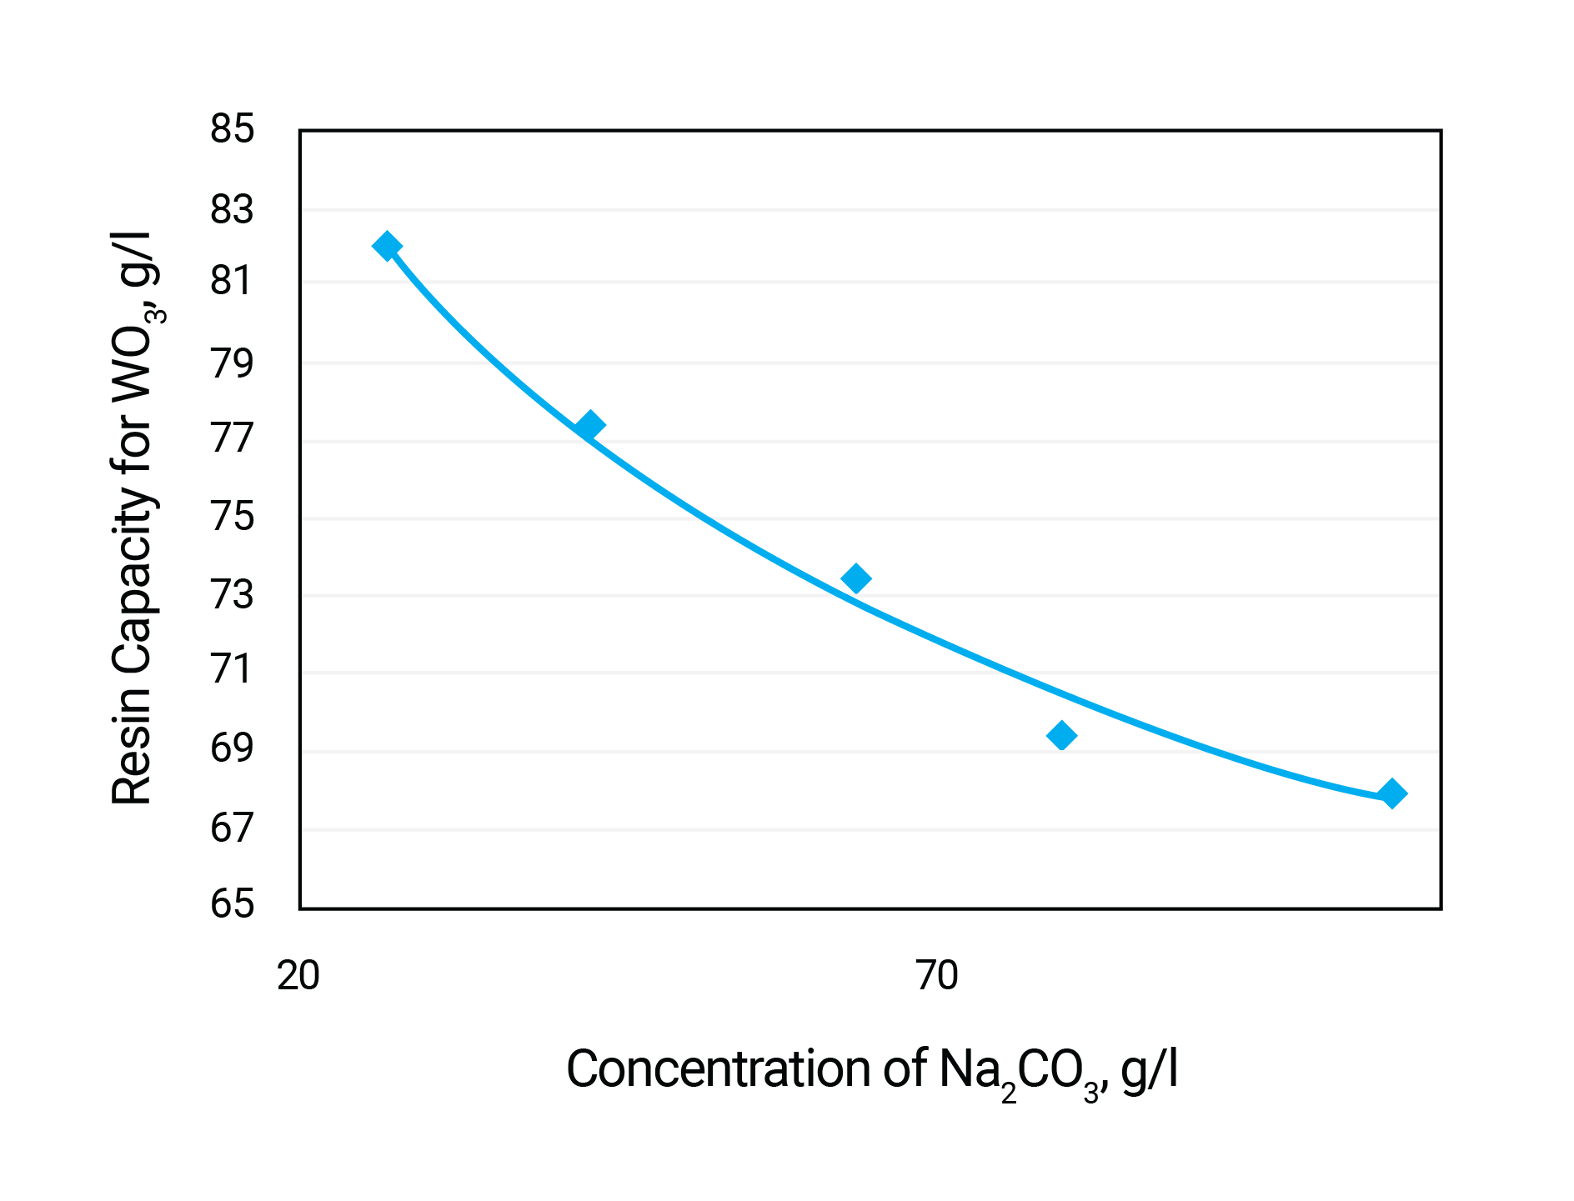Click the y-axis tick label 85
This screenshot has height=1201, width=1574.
(232, 130)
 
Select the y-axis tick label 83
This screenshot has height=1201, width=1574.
(232, 210)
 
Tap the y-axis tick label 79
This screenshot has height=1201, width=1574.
(232, 363)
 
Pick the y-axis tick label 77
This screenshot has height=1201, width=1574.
(232, 439)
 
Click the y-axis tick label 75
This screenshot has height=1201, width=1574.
(232, 517)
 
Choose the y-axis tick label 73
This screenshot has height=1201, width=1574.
(232, 595)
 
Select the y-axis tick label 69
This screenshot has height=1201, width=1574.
(232, 748)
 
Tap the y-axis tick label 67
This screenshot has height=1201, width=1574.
(232, 828)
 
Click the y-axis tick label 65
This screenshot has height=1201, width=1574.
(232, 904)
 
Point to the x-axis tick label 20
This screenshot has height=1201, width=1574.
(298, 976)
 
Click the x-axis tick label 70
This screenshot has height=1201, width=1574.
(937, 976)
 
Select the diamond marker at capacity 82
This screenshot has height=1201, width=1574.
(387, 246)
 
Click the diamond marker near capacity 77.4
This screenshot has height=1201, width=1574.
(589, 425)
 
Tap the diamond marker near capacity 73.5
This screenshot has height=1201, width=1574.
(855, 578)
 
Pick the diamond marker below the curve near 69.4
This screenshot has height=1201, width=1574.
(1061, 735)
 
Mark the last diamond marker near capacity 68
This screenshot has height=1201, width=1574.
(1391, 793)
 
